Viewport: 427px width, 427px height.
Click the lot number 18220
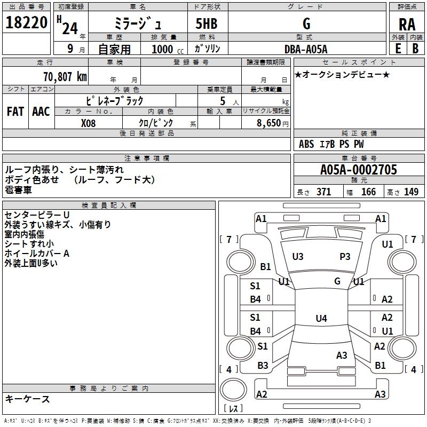coord(27,24)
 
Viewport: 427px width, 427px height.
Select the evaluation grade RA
coord(407,25)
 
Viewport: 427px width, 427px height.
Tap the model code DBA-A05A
coord(306,49)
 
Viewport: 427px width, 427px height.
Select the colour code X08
coord(89,123)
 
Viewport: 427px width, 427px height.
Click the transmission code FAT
coord(15,112)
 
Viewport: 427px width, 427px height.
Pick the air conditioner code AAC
coord(41,112)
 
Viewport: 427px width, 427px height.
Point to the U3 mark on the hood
coord(298,257)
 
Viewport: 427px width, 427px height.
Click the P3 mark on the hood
coord(345,257)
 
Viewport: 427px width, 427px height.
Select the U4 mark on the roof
coord(321,319)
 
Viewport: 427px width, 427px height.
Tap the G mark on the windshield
coord(337,281)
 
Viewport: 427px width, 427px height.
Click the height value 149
coord(411,192)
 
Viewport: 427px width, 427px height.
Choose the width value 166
coord(368,192)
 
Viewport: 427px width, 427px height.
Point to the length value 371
coord(323,192)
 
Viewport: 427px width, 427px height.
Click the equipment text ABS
coord(306,144)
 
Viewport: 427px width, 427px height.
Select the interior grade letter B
coord(415,49)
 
